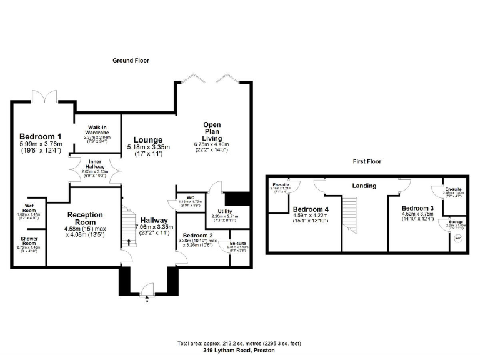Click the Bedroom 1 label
40,136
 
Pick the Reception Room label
81,218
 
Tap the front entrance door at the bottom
147,289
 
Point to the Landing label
364,186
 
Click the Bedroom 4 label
310,209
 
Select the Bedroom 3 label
417,208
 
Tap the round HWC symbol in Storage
458,239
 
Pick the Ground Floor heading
131,60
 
